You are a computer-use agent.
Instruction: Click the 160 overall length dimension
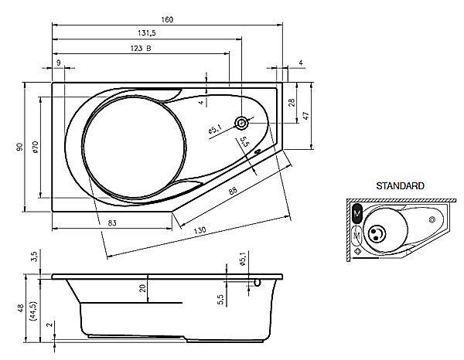[x=167, y=20]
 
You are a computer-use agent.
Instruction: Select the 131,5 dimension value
[x=147, y=33]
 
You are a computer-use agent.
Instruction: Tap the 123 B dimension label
[x=141, y=48]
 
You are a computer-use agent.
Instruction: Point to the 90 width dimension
[x=20, y=147]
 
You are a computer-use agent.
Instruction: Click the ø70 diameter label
[x=36, y=147]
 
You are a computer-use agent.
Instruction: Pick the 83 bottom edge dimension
[x=112, y=222]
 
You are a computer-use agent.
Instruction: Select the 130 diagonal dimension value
[x=200, y=230]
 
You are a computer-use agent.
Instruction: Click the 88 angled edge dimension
[x=233, y=190]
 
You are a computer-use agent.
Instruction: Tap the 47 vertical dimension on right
[x=306, y=115]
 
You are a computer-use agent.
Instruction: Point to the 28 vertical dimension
[x=292, y=103]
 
